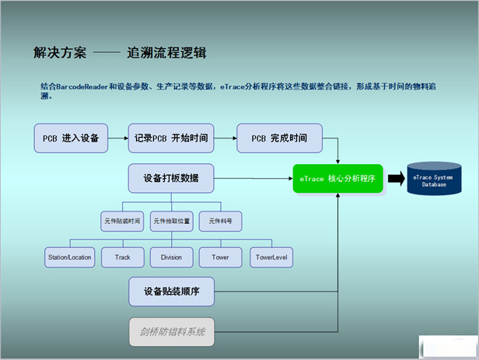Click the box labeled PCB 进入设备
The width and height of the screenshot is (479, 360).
point(70,138)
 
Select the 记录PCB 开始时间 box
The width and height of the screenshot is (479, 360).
point(171,138)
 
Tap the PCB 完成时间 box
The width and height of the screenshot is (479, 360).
point(279,138)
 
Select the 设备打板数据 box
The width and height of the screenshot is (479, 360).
point(171,179)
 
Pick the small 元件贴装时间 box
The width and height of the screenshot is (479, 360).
point(121,222)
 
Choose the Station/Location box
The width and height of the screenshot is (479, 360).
point(69,257)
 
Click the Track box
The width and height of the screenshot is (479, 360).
point(122,257)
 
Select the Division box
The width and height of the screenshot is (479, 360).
point(171,257)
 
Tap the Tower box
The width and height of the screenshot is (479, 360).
point(220,257)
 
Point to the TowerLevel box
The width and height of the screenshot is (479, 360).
point(271,257)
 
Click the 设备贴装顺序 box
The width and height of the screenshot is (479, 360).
point(171,292)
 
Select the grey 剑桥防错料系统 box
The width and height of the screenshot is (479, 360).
point(171,332)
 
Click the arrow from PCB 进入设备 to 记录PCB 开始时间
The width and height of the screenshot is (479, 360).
point(117,138)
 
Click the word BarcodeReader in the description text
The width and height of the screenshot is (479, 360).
point(86,87)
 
